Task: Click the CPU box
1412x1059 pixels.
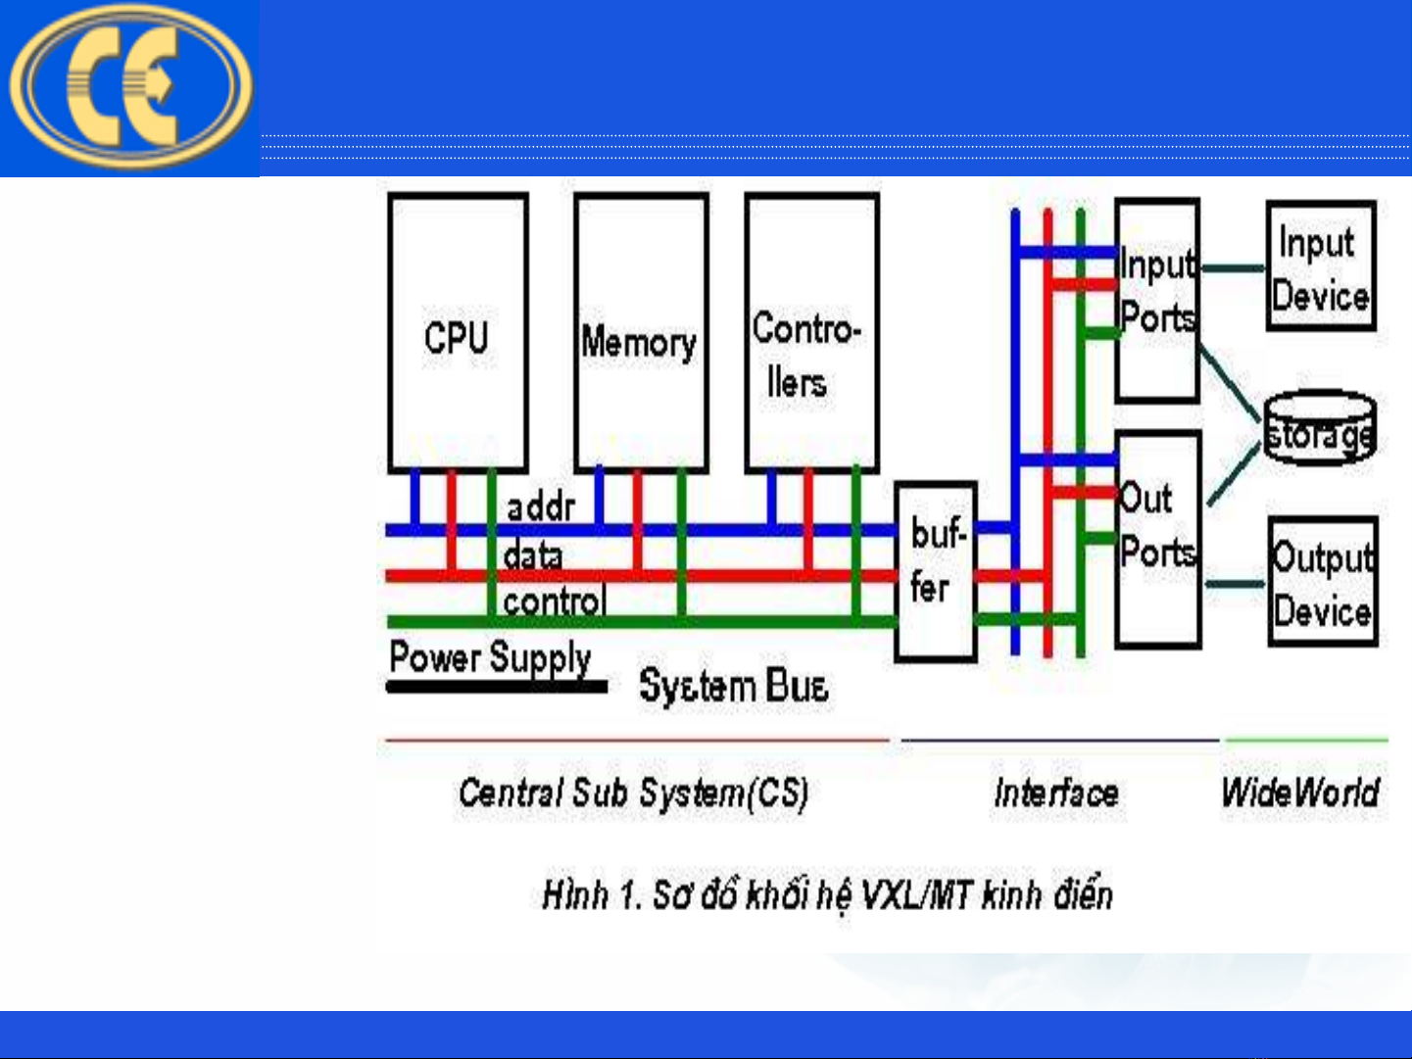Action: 458,333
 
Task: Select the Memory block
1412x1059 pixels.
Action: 641,333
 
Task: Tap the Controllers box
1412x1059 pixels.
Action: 811,333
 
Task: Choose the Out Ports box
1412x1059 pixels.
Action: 1158,539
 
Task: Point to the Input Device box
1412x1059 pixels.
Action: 1321,266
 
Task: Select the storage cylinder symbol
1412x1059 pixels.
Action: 1320,428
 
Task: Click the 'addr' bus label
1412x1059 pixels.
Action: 540,507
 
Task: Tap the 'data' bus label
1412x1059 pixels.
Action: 533,555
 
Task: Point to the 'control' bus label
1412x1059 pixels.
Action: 555,601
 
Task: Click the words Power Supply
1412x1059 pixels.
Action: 490,657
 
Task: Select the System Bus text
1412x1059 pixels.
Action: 733,686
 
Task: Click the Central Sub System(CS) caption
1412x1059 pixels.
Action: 633,793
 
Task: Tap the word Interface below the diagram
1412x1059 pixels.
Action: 1055,793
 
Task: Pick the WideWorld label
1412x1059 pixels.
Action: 1299,792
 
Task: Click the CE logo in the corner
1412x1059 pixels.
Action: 129,86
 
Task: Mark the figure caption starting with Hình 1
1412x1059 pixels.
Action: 827,894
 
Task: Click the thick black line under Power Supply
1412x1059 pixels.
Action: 497,687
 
